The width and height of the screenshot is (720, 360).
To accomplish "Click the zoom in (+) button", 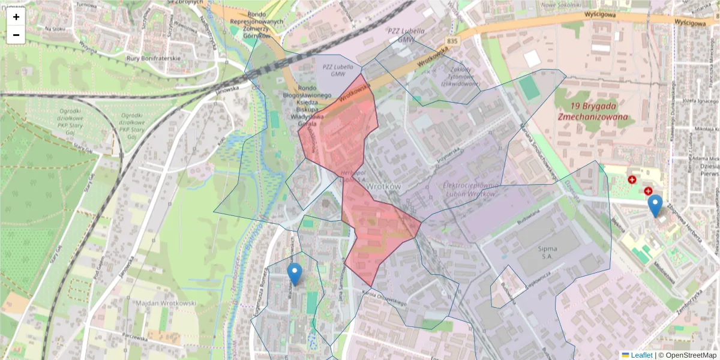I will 16,17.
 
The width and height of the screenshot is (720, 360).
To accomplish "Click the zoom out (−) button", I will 16,35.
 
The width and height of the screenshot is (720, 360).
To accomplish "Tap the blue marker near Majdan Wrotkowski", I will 294,274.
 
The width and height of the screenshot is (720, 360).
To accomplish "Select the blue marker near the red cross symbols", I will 655,205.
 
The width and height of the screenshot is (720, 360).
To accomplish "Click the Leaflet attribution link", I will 641,355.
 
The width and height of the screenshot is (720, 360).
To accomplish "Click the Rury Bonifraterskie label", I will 154,58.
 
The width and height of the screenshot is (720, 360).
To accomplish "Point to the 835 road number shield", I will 452,41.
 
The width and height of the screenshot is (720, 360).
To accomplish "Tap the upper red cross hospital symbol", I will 632,179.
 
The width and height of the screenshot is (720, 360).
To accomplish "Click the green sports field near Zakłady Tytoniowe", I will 529,88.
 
